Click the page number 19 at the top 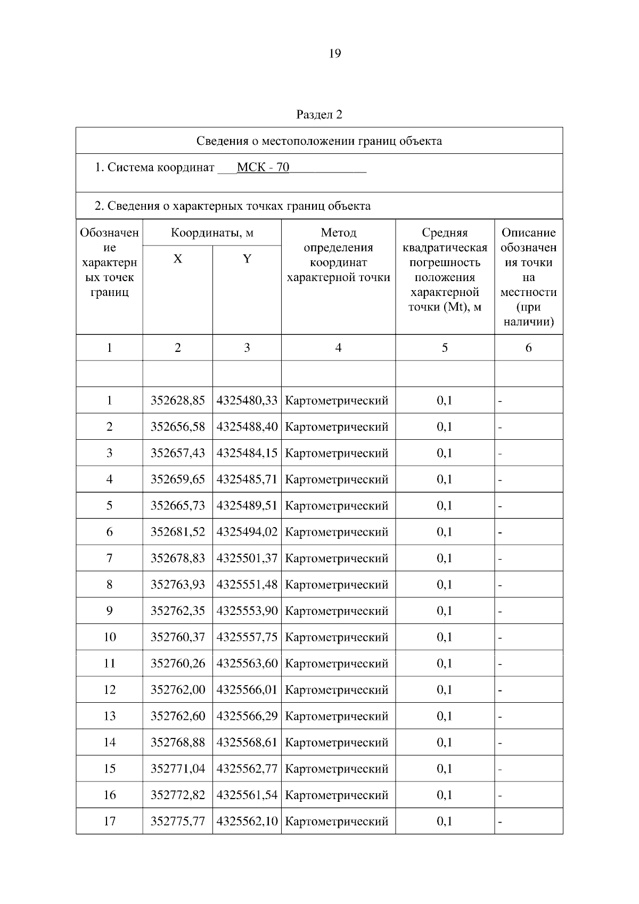pos(335,54)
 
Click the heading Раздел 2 pos(319,115)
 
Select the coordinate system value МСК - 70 pos(263,168)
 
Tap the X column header pos(177,259)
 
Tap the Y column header pos(247,259)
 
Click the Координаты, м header pos(212,233)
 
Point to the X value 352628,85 pos(177,400)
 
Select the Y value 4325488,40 pos(247,427)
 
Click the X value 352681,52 pos(177,532)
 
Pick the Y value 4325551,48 pos(247,585)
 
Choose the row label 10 pos(109,637)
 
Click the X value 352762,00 pos(177,690)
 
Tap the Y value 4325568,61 pos(247,742)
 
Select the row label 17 pos(109,821)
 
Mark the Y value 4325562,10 pos(247,821)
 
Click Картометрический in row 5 pos(337,506)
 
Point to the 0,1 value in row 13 pos(444,716)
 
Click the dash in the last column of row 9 pos(500,612)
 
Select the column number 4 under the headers pos(338,348)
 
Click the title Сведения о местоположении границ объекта pos(319,141)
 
